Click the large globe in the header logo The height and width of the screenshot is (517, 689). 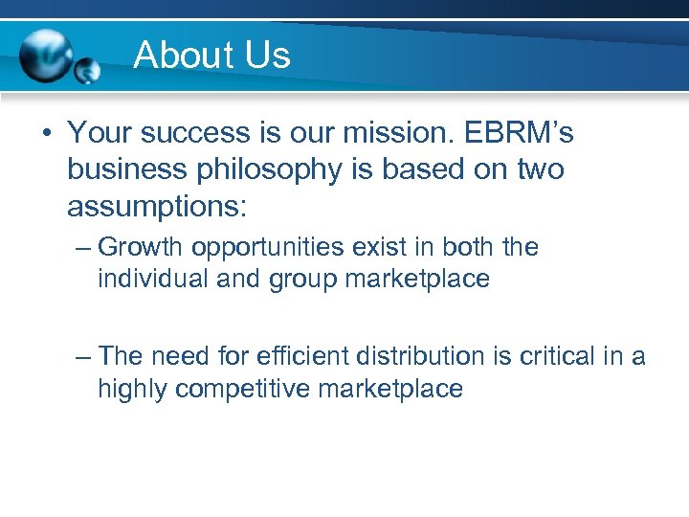click(46, 54)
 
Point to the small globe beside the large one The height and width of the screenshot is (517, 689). click(87, 70)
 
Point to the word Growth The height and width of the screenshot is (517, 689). click(141, 248)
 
